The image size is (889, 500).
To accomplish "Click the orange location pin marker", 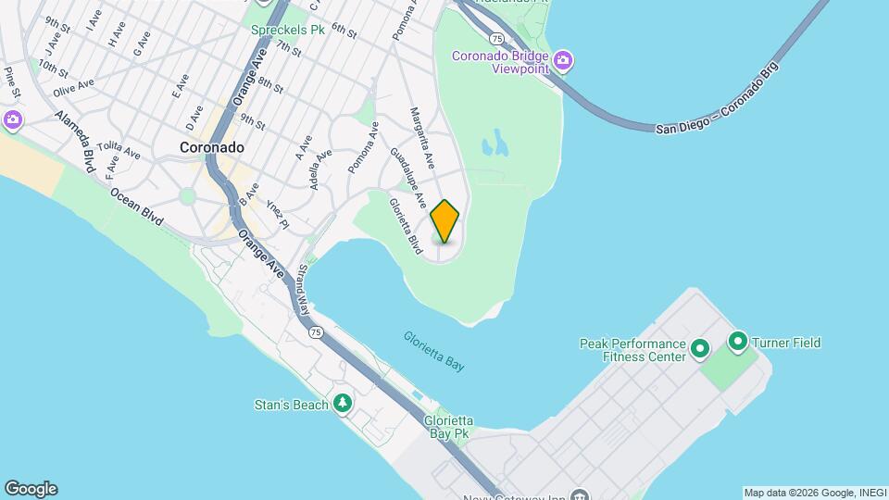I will pos(444,221).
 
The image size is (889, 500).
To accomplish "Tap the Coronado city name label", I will pos(212,147).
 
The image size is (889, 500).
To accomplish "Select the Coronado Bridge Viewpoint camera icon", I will pos(564,62).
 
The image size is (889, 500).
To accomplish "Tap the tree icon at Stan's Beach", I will pos(343,403).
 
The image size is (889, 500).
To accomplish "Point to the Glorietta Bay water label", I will pos(434,351).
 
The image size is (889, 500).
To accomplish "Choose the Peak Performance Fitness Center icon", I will pos(700,349).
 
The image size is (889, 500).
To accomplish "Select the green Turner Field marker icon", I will pos(738,343).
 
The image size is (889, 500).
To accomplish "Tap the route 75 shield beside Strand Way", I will pos(317,332).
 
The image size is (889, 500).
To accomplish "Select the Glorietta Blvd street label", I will pos(406,226).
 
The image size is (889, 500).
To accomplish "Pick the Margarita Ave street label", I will pos(422,136).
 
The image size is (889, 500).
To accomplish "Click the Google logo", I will pos(30,489).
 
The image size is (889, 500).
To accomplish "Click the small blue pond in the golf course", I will pos(495,143).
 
